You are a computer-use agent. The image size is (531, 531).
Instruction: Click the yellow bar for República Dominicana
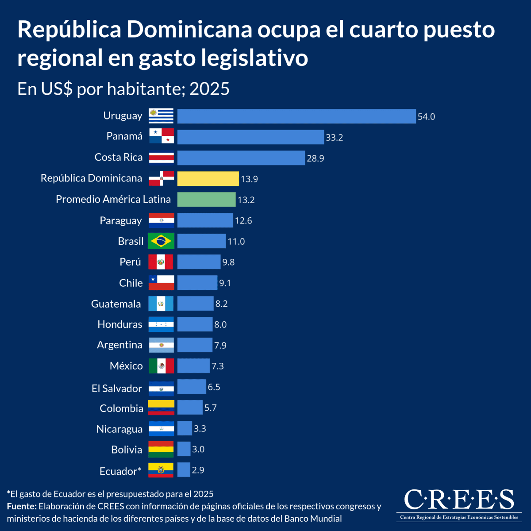click(x=208, y=179)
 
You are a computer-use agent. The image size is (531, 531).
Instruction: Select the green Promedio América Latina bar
click(x=206, y=200)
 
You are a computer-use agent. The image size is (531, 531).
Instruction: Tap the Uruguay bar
click(x=296, y=116)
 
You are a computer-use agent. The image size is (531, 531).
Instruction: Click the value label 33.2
click(x=334, y=137)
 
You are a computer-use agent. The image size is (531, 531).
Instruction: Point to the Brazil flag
click(x=161, y=241)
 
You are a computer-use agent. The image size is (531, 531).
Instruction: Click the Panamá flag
click(x=162, y=136)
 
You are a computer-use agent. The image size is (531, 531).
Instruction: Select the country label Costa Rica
click(x=119, y=157)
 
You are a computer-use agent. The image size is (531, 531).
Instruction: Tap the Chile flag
click(x=162, y=282)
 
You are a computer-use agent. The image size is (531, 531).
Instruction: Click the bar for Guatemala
click(x=196, y=304)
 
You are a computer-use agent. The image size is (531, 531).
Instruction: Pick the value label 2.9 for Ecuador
click(x=198, y=470)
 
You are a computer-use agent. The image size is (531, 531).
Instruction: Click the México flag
click(x=162, y=366)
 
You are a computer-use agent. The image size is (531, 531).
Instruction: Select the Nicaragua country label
click(x=119, y=429)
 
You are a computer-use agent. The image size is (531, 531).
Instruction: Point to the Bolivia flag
click(x=161, y=449)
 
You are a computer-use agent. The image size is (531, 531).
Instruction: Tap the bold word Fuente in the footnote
click(x=22, y=506)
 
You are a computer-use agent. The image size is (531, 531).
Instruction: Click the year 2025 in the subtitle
click(x=209, y=89)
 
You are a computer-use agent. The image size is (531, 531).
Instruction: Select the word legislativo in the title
click(x=254, y=58)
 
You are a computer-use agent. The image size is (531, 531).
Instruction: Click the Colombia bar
click(x=190, y=407)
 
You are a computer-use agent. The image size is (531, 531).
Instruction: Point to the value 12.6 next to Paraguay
click(x=243, y=220)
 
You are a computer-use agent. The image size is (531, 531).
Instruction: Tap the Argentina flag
click(x=162, y=345)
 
